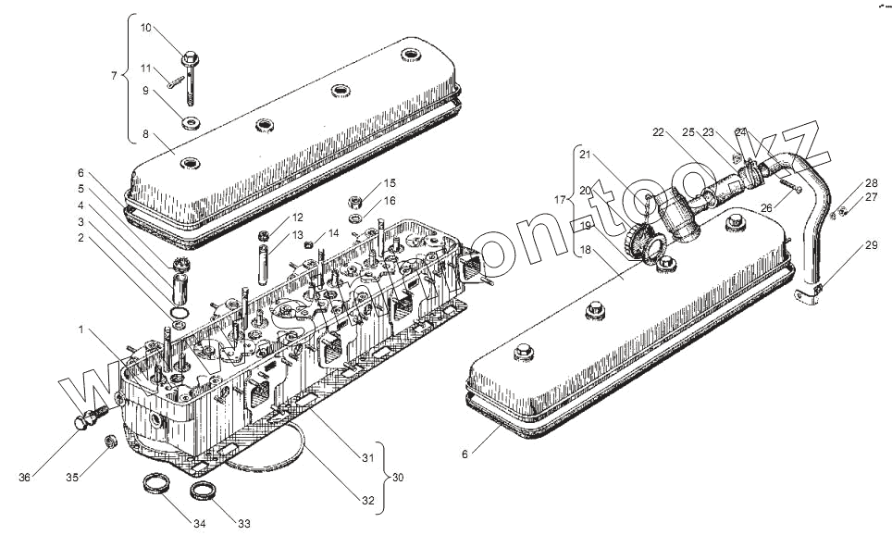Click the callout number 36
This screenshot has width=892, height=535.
click(x=25, y=477)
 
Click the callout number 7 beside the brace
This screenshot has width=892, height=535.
click(x=114, y=75)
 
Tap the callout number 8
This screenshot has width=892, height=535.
click(x=145, y=134)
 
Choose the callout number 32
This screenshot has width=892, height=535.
click(x=368, y=501)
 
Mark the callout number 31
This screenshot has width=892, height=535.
click(x=368, y=458)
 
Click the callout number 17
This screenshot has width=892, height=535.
click(x=559, y=199)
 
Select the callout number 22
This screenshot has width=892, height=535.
click(x=658, y=133)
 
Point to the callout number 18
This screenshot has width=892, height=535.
click(x=585, y=250)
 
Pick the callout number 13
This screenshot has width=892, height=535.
click(x=297, y=235)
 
